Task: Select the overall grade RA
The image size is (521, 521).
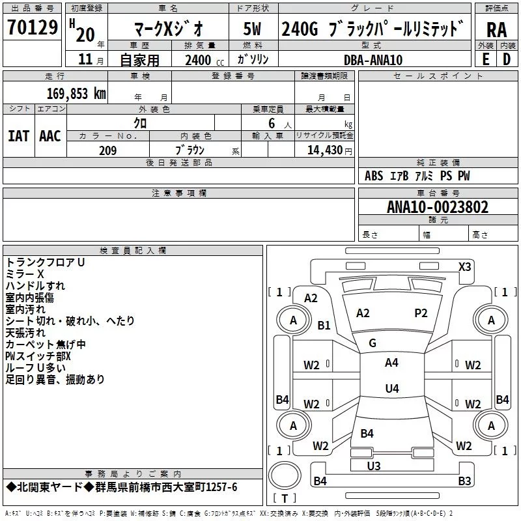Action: pyautogui.click(x=496, y=30)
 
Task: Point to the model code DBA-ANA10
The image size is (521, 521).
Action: pyautogui.click(x=373, y=59)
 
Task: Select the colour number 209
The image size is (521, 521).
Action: pyautogui.click(x=108, y=150)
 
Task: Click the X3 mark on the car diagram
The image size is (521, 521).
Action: pyautogui.click(x=464, y=266)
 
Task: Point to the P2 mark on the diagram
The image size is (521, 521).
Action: pyautogui.click(x=421, y=313)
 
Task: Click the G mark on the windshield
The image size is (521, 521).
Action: pyautogui.click(x=373, y=343)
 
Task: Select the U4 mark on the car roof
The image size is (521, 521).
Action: pyautogui.click(x=391, y=389)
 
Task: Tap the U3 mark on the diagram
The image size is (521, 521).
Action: pyautogui.click(x=374, y=466)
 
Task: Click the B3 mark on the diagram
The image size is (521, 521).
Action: pyautogui.click(x=464, y=481)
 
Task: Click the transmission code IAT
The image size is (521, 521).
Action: pyautogui.click(x=18, y=135)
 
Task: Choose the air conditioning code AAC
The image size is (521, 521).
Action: pyautogui.click(x=50, y=135)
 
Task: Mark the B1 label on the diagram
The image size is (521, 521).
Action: pyautogui.click(x=324, y=326)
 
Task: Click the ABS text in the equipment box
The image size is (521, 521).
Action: pyautogui.click(x=374, y=176)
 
